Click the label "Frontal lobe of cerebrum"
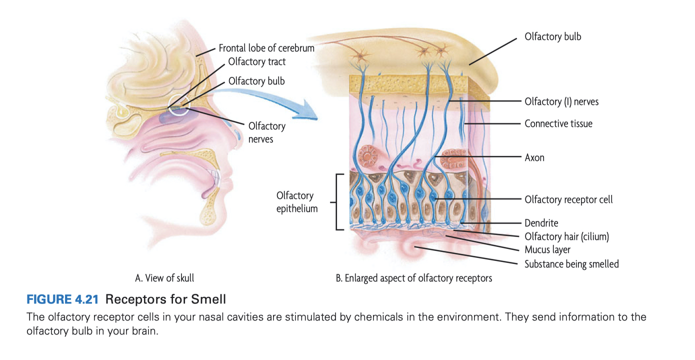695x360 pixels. pos(266,48)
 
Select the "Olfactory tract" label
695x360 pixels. pos(257,62)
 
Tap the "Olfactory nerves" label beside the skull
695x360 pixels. pos(266,132)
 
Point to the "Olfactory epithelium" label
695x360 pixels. pos(297,202)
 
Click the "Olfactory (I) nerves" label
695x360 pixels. pos(561,102)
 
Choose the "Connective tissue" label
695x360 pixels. pos(558,123)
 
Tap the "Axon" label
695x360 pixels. pos(534,157)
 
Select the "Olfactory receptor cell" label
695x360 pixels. pos(568,199)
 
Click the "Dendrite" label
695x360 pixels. pos(541,223)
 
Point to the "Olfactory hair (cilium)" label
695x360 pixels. pos(566,236)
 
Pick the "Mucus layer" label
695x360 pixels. pos(547,249)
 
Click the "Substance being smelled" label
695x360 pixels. pos(571,263)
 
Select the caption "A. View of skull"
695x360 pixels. pos(164,278)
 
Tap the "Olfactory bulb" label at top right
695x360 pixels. pos(552,36)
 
